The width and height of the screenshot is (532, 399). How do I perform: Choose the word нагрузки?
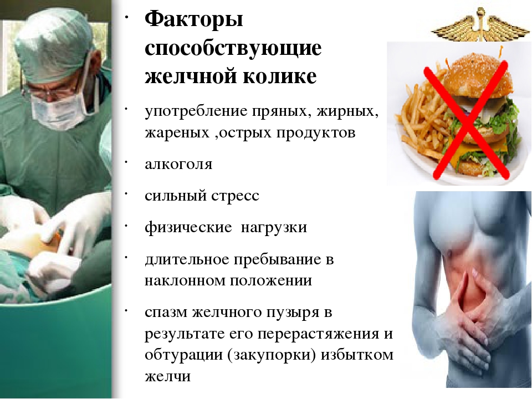click(273, 228)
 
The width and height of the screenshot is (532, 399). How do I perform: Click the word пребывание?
click(279, 259)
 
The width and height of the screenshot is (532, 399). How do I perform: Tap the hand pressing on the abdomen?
click(477, 310)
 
